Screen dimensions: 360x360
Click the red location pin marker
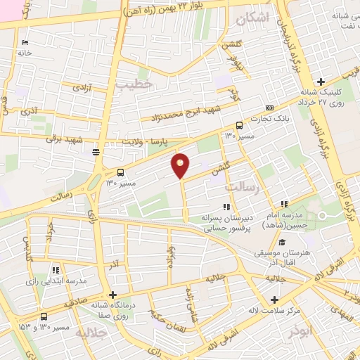click(x=181, y=165)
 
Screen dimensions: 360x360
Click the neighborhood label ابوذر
click(x=292, y=329)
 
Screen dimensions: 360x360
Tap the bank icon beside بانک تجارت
click(x=269, y=108)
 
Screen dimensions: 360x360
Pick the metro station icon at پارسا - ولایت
click(x=96, y=150)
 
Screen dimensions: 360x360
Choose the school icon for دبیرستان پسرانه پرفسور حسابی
click(x=226, y=207)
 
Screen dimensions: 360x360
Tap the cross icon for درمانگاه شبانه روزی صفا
click(x=112, y=295)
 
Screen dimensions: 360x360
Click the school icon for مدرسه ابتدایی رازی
click(x=56, y=269)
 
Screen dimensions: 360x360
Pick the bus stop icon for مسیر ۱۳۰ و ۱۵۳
click(x=44, y=317)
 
